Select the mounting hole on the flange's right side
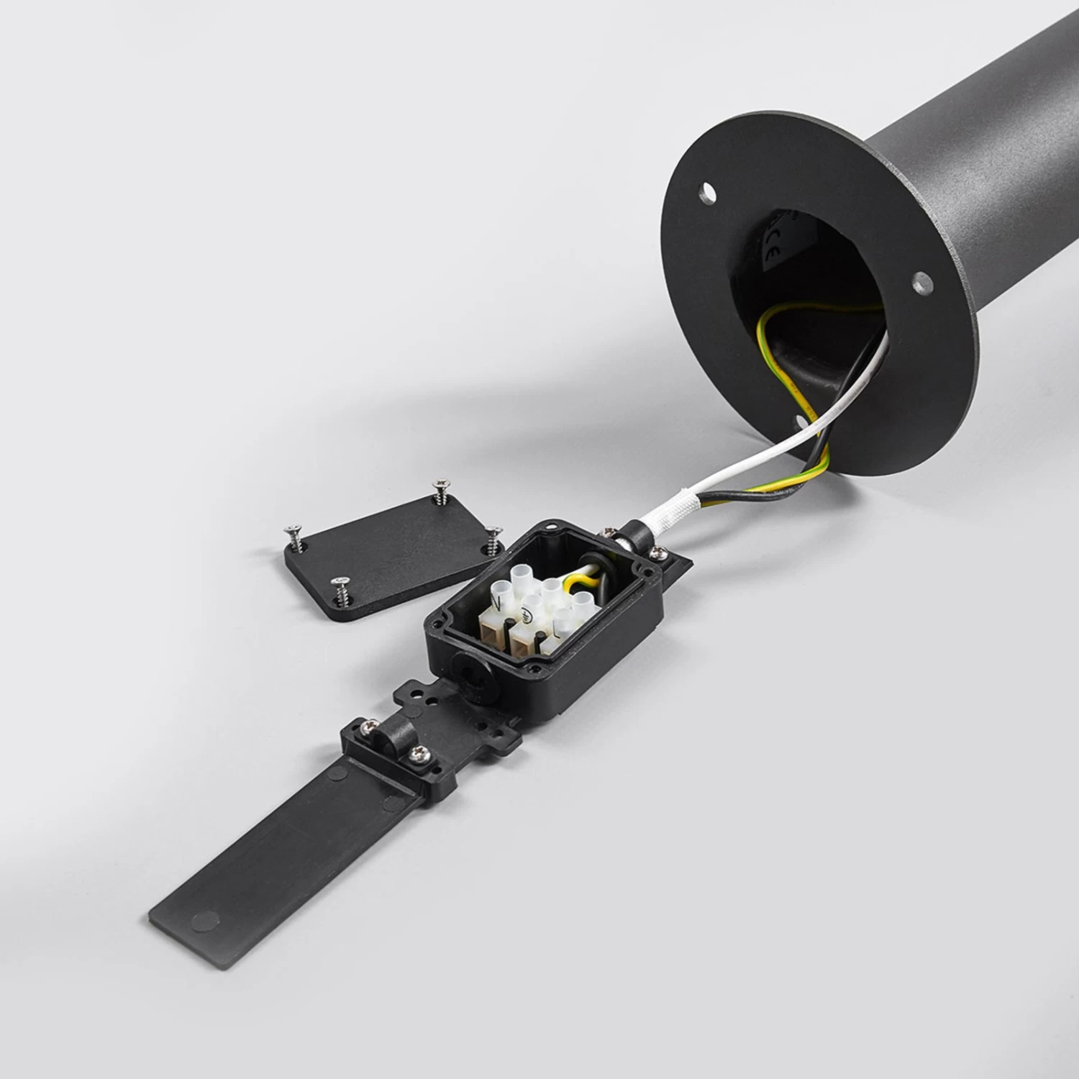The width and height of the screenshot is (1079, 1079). pos(921,284)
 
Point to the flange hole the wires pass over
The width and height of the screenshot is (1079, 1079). pos(801,424)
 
